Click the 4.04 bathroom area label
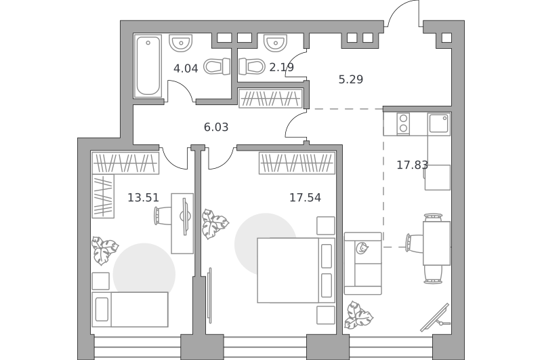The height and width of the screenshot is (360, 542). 186,68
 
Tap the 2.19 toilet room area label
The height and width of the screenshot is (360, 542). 281,67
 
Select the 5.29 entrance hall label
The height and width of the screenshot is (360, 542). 350,79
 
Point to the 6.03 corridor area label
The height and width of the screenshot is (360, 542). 216,127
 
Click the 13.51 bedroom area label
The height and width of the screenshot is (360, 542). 143,197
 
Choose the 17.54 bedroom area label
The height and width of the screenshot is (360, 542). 305,197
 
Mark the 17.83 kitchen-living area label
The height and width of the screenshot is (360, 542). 412,165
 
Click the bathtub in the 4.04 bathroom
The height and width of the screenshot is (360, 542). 148,65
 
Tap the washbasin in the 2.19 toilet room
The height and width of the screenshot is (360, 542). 276,43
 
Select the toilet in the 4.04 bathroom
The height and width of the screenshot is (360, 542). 217,66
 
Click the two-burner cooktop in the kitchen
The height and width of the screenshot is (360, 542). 403,123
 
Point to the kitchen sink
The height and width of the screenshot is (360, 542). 439,123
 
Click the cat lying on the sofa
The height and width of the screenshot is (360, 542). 362,248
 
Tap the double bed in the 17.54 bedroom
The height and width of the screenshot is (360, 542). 296,270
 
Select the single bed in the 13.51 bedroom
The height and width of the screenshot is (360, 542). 130,309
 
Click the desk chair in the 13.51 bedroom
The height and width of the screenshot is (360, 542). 162,216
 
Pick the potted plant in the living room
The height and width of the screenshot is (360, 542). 358,315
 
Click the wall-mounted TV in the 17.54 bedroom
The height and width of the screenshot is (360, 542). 209,296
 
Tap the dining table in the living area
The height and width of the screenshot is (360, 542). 436,243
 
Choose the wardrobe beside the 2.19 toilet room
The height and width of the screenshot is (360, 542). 271,98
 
